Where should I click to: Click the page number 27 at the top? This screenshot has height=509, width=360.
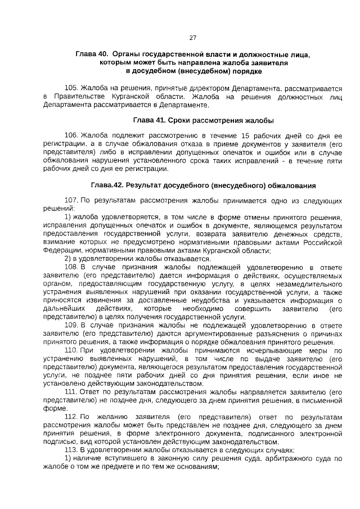coord(192,38)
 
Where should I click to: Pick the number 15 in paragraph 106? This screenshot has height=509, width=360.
coord(245,136)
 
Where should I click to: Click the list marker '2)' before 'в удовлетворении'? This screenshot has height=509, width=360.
coord(68,259)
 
